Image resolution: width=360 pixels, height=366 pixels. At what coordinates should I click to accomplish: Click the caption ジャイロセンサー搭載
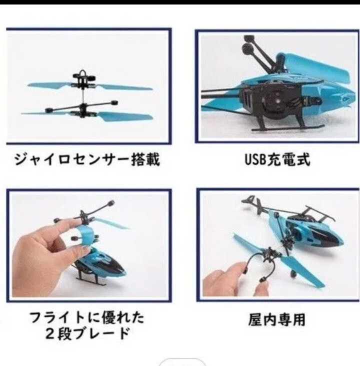[86, 160]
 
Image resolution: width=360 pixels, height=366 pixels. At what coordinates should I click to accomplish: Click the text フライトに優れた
[86, 317]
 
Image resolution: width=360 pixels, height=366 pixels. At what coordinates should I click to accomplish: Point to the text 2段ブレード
[86, 333]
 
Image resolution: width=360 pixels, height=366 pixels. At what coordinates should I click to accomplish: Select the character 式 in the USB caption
[302, 160]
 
